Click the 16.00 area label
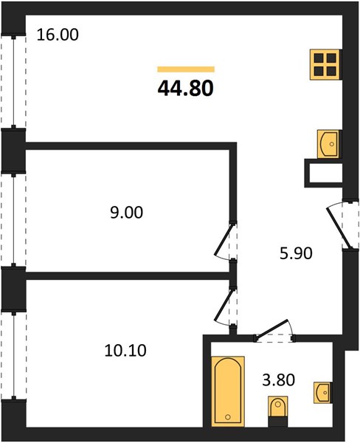pyautogui.click(x=58, y=35)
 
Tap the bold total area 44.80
pyautogui.click(x=185, y=88)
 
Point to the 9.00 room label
pyautogui.click(x=126, y=213)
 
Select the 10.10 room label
pyautogui.click(x=125, y=351)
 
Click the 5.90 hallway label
pyautogui.click(x=296, y=253)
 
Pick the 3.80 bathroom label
pyautogui.click(x=279, y=380)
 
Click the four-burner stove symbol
pyautogui.click(x=325, y=65)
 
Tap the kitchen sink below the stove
pyautogui.click(x=329, y=144)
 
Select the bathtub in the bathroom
pyautogui.click(x=228, y=391)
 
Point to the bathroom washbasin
pyautogui.click(x=322, y=393)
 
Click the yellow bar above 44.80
pyautogui.click(x=186, y=69)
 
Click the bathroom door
pyautogui.click(x=273, y=330)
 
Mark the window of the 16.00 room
pyautogui.click(x=13, y=82)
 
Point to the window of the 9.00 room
pyautogui.click(x=13, y=220)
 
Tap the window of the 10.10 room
pyautogui.click(x=13, y=355)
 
